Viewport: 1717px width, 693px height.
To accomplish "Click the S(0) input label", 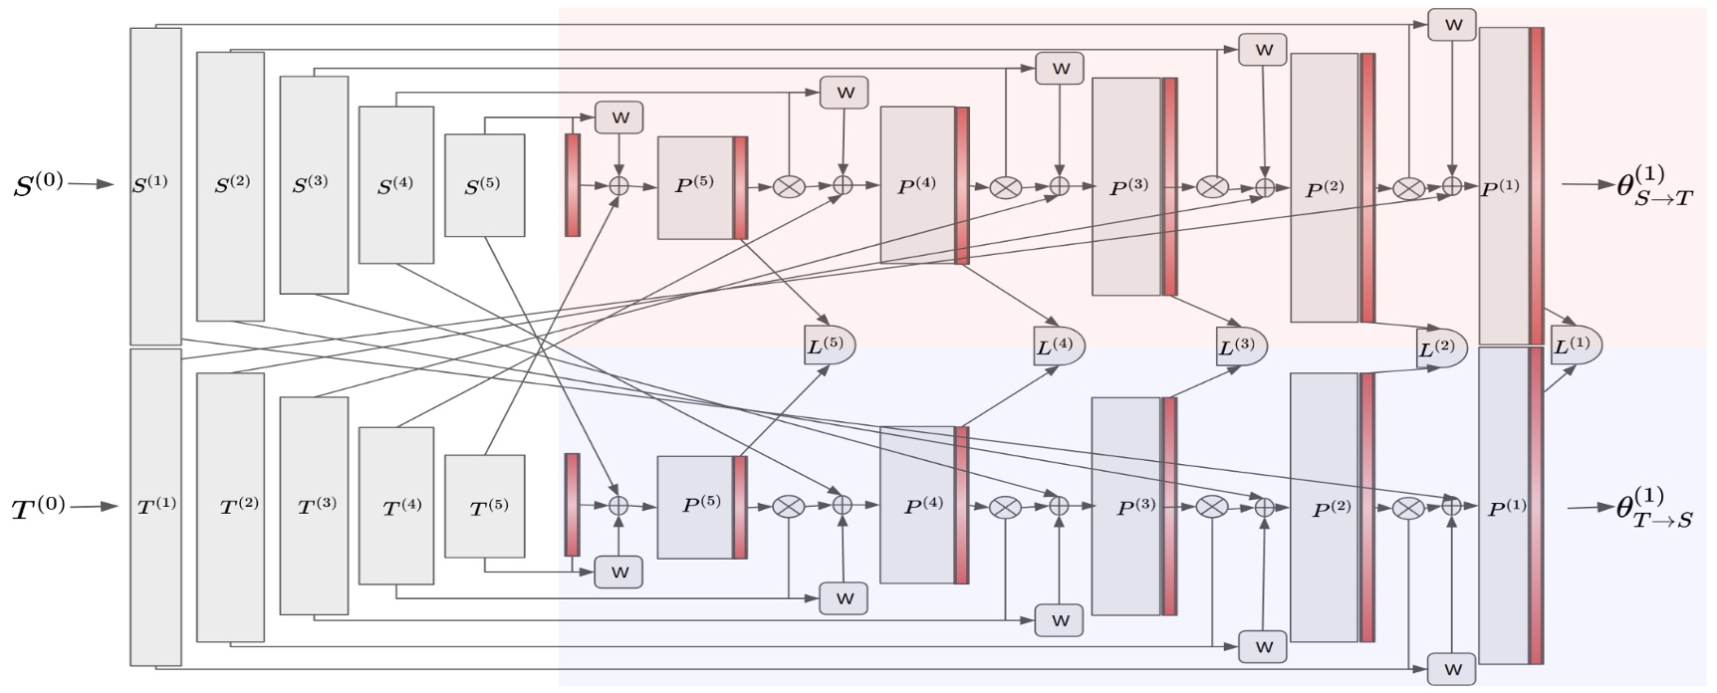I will [x=38, y=184].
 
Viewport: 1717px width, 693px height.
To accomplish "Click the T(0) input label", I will [x=38, y=507].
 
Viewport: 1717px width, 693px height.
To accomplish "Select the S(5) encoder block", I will [x=484, y=185].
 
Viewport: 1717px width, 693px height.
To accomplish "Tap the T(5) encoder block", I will [x=484, y=506].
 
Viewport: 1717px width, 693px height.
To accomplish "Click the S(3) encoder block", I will [x=314, y=185].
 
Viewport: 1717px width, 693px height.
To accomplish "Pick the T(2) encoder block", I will [x=230, y=506].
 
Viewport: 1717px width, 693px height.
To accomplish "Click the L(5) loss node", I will [x=828, y=345].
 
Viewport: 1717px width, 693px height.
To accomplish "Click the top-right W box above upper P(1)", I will [x=1452, y=25].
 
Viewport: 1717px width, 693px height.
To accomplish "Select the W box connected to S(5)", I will [x=618, y=117].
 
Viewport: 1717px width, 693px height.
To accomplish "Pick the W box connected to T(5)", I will [x=618, y=573].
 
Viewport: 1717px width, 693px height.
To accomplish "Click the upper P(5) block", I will [x=696, y=186].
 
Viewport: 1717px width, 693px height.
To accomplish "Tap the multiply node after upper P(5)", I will [x=788, y=185].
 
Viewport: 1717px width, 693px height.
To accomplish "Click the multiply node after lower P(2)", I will [x=1407, y=508].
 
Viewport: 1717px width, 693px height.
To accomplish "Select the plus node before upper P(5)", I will [x=619, y=185].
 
